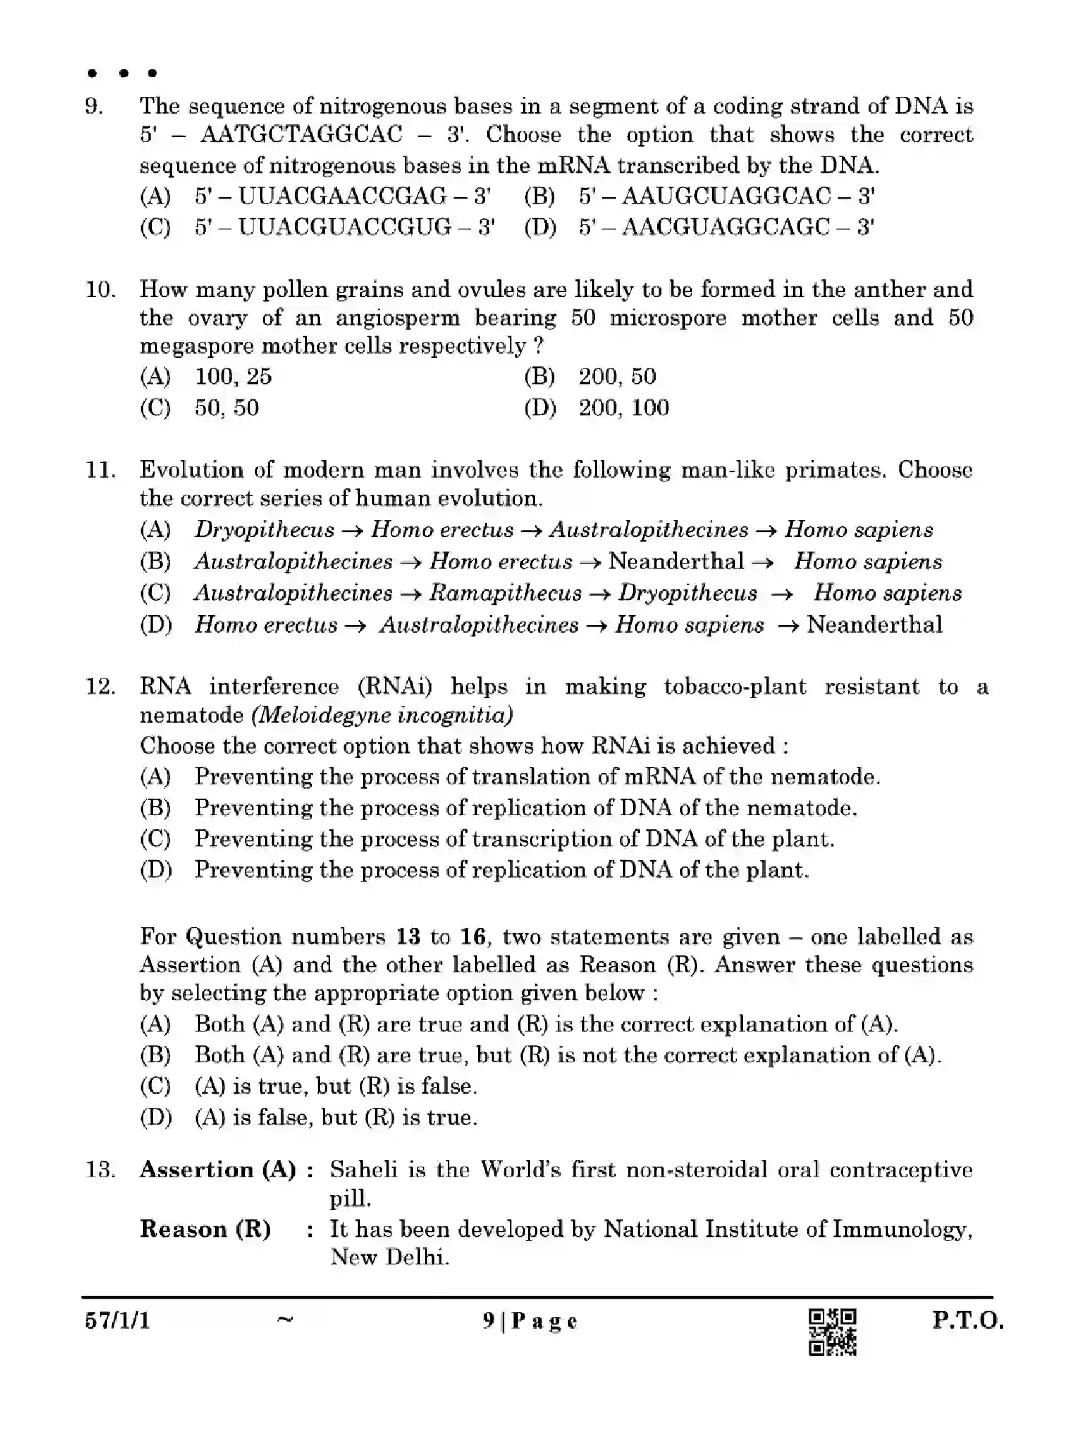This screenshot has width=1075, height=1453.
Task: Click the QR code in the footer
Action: pyautogui.click(x=832, y=1332)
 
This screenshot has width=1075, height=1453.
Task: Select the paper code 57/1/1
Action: pyautogui.click(x=117, y=1321)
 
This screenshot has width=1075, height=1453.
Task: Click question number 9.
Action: pyautogui.click(x=94, y=107)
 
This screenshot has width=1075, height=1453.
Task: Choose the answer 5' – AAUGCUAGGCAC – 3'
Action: pyautogui.click(x=727, y=196)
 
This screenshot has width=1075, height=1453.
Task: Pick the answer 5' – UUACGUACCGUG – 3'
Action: pyautogui.click(x=344, y=227)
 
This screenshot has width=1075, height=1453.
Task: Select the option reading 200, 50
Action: pyautogui.click(x=617, y=376)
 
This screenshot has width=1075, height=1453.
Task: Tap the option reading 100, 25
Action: pyautogui.click(x=233, y=376)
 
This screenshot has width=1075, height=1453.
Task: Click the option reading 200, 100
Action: pyautogui.click(x=624, y=408)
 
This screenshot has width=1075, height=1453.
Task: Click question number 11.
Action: pyautogui.click(x=99, y=470)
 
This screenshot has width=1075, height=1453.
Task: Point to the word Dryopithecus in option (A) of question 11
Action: pyautogui.click(x=264, y=530)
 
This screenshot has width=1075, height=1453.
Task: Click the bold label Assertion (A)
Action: pyautogui.click(x=218, y=1170)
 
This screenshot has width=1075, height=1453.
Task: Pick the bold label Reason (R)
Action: pyautogui.click(x=205, y=1229)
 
